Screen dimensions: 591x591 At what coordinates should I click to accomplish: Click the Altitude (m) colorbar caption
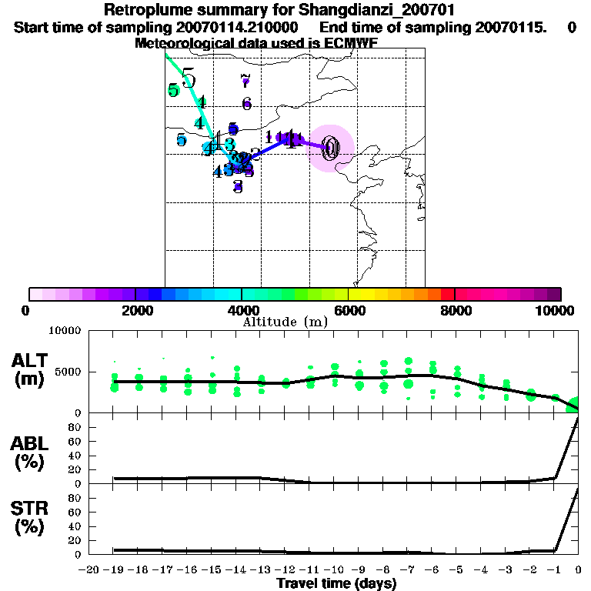click(x=285, y=322)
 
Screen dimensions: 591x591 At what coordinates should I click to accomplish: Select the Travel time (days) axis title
click(x=336, y=583)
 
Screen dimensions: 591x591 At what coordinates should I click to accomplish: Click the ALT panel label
click(x=32, y=360)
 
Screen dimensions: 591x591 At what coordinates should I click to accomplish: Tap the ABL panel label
click(x=32, y=443)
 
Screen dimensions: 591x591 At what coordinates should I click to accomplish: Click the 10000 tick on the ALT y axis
click(x=66, y=331)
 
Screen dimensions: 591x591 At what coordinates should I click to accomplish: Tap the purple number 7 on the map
click(x=245, y=78)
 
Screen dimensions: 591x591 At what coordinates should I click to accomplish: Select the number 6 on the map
click(x=246, y=103)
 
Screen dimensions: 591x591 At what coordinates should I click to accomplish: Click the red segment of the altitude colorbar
click(x=448, y=294)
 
